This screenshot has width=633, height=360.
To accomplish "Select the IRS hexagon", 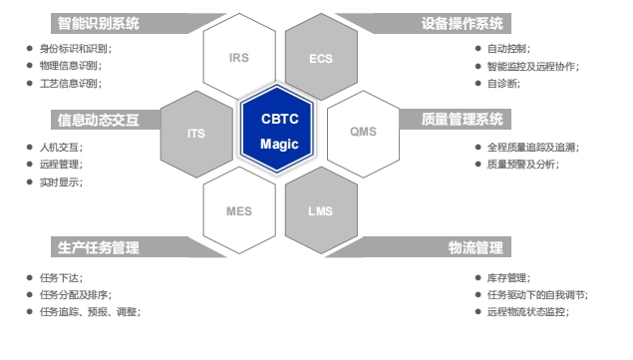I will pyautogui.click(x=238, y=58).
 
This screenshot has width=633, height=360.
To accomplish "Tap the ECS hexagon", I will pyautogui.click(x=321, y=58).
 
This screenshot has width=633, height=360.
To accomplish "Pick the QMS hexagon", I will pyautogui.click(x=363, y=132).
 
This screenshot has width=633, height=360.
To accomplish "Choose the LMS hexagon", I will pyautogui.click(x=321, y=210).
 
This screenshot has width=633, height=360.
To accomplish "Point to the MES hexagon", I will pyautogui.click(x=238, y=210).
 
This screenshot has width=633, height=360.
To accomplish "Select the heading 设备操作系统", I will pyautogui.click(x=463, y=23).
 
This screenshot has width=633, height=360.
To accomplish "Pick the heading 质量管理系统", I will pyautogui.click(x=463, y=119).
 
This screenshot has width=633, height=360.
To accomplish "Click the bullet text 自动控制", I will pyautogui.click(x=508, y=48).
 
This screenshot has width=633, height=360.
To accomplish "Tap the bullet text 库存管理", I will pyautogui.click(x=508, y=277).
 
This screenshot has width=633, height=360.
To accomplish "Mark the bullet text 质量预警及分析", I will pyautogui.click(x=522, y=165).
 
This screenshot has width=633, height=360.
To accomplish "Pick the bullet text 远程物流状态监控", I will pyautogui.click(x=527, y=312).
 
